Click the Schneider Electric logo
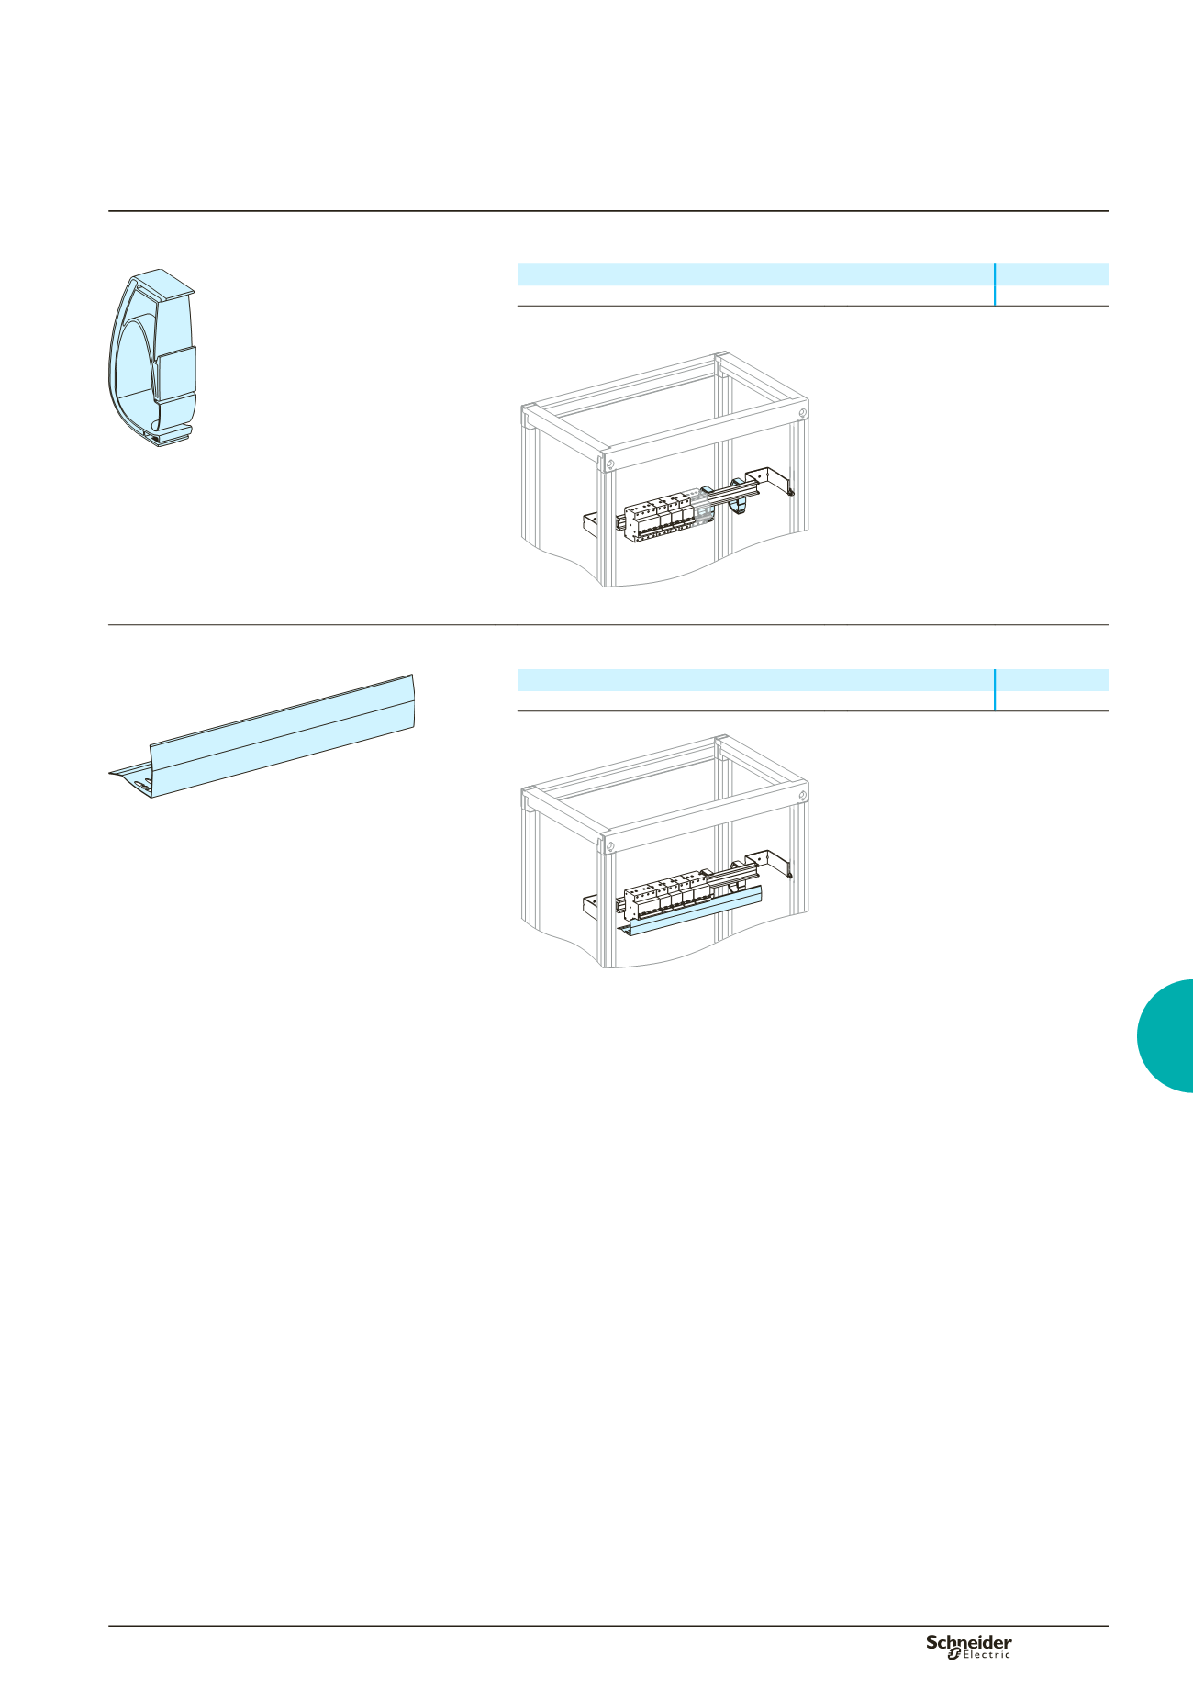pos(968,1646)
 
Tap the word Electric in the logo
pos(987,1654)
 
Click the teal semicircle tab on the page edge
pos(1165,1035)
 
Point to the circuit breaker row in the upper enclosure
pos(663,519)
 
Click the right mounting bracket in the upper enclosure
pos(771,481)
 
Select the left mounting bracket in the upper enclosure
pos(592,526)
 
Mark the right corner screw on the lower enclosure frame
pos(803,795)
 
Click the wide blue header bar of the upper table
pos(755,274)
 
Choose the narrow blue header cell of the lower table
pos(1053,680)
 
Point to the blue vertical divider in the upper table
pos(995,285)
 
